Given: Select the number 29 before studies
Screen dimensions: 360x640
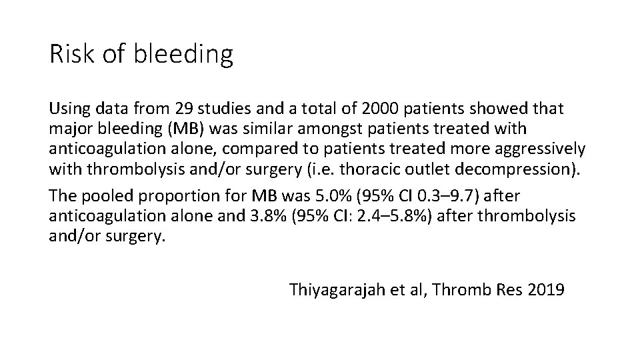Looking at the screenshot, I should [184, 108].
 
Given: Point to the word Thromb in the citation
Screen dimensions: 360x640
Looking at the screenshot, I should [465, 290].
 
